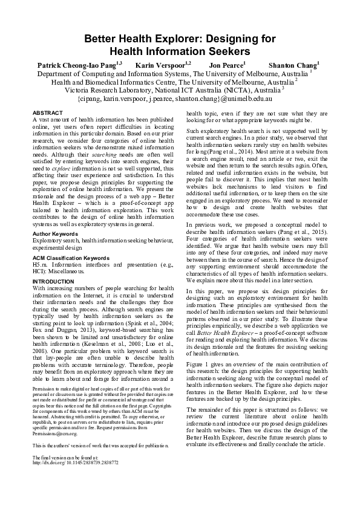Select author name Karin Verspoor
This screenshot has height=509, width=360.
161,64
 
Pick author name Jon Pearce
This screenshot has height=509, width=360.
226,64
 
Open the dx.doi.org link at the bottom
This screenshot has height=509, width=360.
75,462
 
